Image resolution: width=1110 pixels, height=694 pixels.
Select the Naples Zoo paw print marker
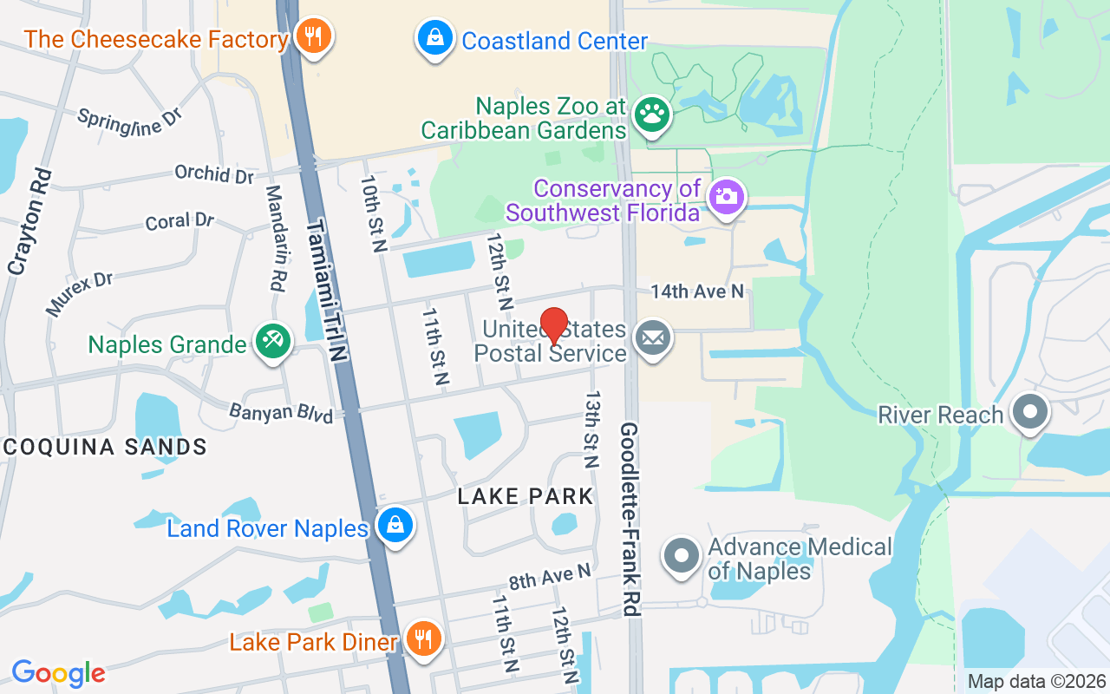651,114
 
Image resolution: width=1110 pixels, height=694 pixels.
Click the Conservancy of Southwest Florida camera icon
726,196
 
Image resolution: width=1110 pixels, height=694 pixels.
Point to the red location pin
554,327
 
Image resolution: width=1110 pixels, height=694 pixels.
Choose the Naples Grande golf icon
272,341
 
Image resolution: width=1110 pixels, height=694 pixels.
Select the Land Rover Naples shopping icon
395,526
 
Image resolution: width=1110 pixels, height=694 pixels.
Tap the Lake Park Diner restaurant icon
423,639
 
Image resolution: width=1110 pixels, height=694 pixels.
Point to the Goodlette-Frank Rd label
630,519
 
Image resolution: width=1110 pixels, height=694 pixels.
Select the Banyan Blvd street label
281,412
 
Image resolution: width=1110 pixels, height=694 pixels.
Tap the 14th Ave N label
697,291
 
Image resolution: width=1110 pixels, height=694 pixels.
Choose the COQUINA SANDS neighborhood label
104,447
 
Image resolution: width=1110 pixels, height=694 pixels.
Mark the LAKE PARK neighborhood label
526,496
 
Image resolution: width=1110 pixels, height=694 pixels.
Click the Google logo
58,673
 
